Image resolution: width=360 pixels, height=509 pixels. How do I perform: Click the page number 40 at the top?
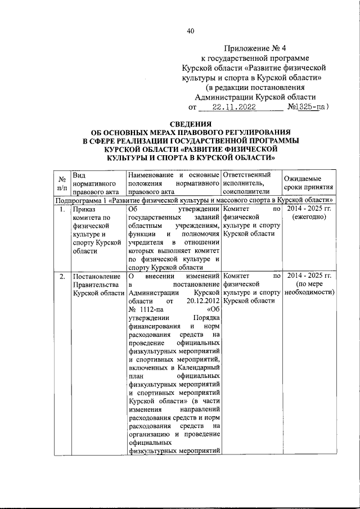(x=190, y=31)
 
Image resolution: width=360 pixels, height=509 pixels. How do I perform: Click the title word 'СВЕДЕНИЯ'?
(x=191, y=123)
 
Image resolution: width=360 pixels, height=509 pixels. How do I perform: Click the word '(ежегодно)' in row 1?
(x=308, y=218)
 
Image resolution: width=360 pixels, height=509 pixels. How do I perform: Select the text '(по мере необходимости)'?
(x=308, y=289)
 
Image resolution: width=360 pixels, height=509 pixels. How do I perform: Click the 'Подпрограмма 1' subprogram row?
(x=195, y=200)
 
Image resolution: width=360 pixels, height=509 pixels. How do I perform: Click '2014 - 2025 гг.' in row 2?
(x=308, y=276)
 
